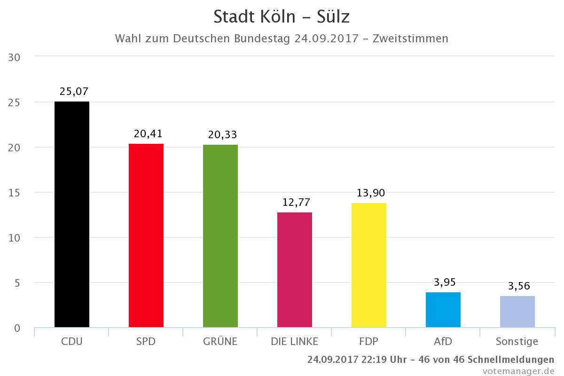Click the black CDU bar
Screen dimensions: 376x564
click(x=72, y=214)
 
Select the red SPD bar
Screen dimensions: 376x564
click(x=146, y=235)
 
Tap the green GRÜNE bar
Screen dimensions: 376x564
click(x=220, y=236)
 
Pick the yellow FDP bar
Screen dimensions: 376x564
click(x=369, y=265)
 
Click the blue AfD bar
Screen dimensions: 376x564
click(x=443, y=310)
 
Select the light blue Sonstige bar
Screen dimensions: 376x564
click(x=517, y=312)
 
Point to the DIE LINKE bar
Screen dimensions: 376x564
click(x=295, y=270)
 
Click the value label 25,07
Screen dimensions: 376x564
click(x=74, y=91)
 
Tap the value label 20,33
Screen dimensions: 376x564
click(x=222, y=134)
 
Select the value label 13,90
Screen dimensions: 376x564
click(x=371, y=193)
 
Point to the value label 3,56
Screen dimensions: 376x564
click(x=519, y=286)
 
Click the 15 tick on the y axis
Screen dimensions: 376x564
click(x=15, y=193)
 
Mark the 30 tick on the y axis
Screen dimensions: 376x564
click(x=15, y=57)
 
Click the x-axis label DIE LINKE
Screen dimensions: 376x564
click(x=295, y=341)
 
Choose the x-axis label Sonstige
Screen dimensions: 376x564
click(x=517, y=342)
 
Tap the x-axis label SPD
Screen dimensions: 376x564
click(x=146, y=341)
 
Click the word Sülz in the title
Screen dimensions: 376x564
click(x=329, y=17)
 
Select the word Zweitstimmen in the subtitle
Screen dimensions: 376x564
click(x=410, y=38)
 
